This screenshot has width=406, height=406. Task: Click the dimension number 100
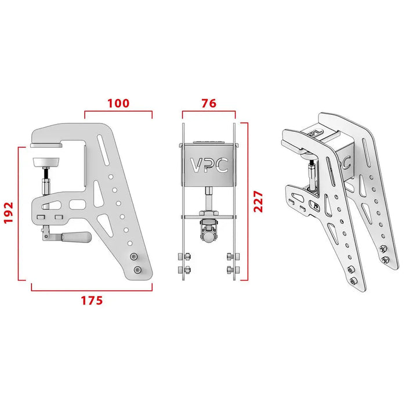click(x=118, y=104)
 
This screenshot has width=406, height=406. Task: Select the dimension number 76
click(x=209, y=104)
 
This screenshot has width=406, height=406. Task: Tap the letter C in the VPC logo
click(x=222, y=166)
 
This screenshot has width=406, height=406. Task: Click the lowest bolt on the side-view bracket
click(x=138, y=270)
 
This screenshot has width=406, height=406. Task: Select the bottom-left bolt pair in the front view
click(x=183, y=262)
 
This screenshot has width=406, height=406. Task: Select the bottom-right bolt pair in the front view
click(x=232, y=262)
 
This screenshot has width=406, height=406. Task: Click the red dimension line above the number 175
click(x=92, y=289)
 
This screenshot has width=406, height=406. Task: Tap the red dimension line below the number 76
click(x=209, y=112)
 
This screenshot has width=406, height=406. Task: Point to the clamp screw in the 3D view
click(x=313, y=174)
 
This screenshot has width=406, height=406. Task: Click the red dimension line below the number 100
click(x=118, y=112)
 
